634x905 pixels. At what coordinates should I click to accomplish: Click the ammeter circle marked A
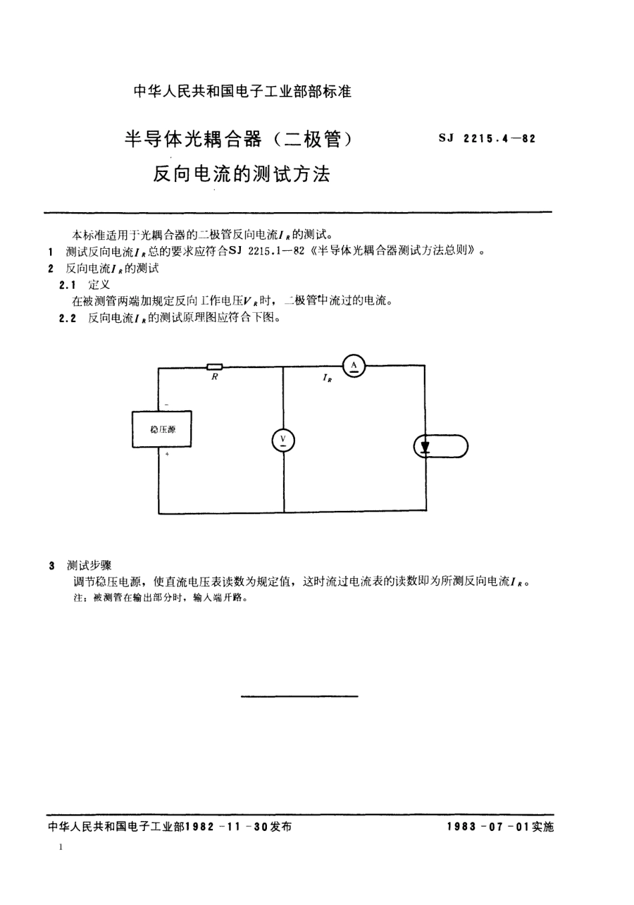click(354, 365)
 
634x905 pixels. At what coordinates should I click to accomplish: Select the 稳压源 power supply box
click(162, 429)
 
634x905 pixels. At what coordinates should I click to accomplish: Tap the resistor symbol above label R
click(214, 365)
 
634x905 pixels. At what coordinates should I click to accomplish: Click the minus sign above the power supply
click(166, 404)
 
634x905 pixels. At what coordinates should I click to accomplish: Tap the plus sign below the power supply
click(166, 454)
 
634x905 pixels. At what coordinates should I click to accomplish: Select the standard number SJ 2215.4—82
click(487, 139)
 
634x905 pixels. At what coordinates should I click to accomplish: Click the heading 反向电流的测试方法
click(242, 174)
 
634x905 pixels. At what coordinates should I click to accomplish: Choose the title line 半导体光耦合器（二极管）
click(238, 139)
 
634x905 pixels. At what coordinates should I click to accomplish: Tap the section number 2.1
click(67, 285)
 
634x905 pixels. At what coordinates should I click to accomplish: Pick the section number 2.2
click(67, 318)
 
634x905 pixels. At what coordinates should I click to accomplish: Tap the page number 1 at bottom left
click(61, 847)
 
